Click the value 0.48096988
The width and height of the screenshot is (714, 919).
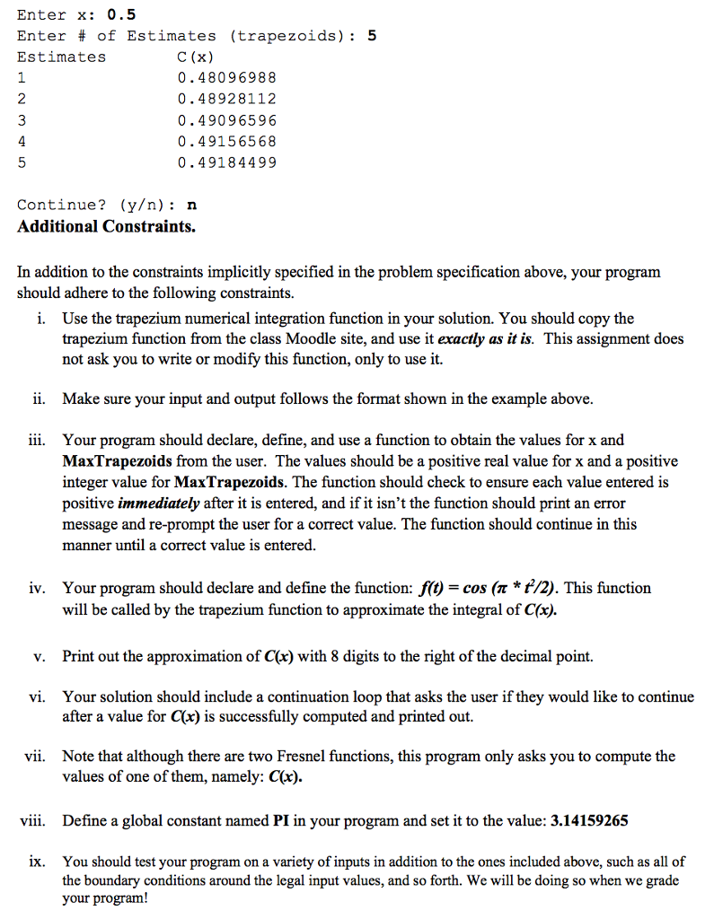pos(227,78)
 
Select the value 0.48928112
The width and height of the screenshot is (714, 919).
pos(227,99)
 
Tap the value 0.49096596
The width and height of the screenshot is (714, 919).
pos(227,120)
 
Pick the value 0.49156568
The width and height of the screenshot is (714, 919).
pos(227,141)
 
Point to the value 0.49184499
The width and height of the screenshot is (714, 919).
pos(227,162)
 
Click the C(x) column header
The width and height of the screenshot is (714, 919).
pos(196,57)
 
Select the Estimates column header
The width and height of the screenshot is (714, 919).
pos(61,57)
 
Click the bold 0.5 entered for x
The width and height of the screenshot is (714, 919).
pos(121,14)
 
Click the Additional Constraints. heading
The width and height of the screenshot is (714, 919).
pos(106,226)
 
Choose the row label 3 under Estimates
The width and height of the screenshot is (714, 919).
pos(22,120)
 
